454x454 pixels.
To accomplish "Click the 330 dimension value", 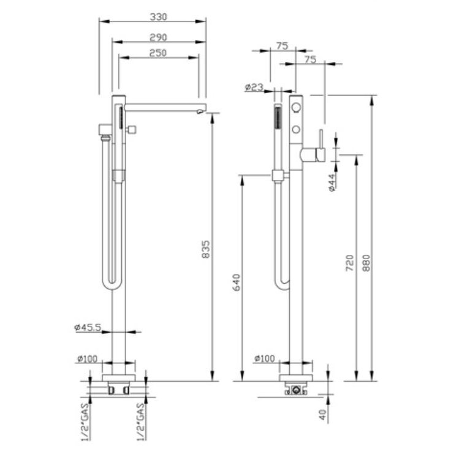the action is point(158,17).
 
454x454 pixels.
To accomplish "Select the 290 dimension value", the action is point(158,37).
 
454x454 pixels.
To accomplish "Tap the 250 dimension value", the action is point(158,53).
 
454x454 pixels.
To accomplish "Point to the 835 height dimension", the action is point(205,249).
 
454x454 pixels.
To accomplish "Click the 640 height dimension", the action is point(236,282).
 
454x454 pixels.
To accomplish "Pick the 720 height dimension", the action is point(350,263).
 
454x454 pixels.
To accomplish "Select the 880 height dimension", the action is point(366,263).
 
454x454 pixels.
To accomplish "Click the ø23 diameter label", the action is point(254,87).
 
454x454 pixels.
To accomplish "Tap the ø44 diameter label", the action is point(332,183).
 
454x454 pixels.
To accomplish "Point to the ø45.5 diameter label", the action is point(88,327).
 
